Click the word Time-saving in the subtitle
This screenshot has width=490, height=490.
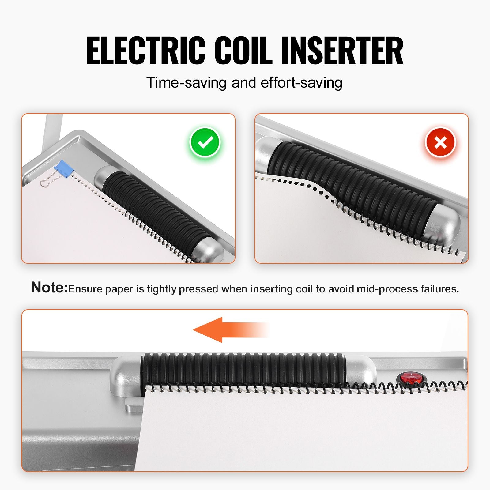[x=187, y=82]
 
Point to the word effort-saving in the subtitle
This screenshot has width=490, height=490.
[x=301, y=83]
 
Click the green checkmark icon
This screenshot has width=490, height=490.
[x=205, y=142]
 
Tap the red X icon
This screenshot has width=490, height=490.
[x=440, y=142]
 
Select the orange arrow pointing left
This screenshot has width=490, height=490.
[x=230, y=330]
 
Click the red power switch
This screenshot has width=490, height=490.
[x=410, y=378]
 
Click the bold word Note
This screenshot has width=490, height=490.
[x=49, y=287]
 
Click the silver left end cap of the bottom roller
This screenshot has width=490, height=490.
[x=126, y=375]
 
